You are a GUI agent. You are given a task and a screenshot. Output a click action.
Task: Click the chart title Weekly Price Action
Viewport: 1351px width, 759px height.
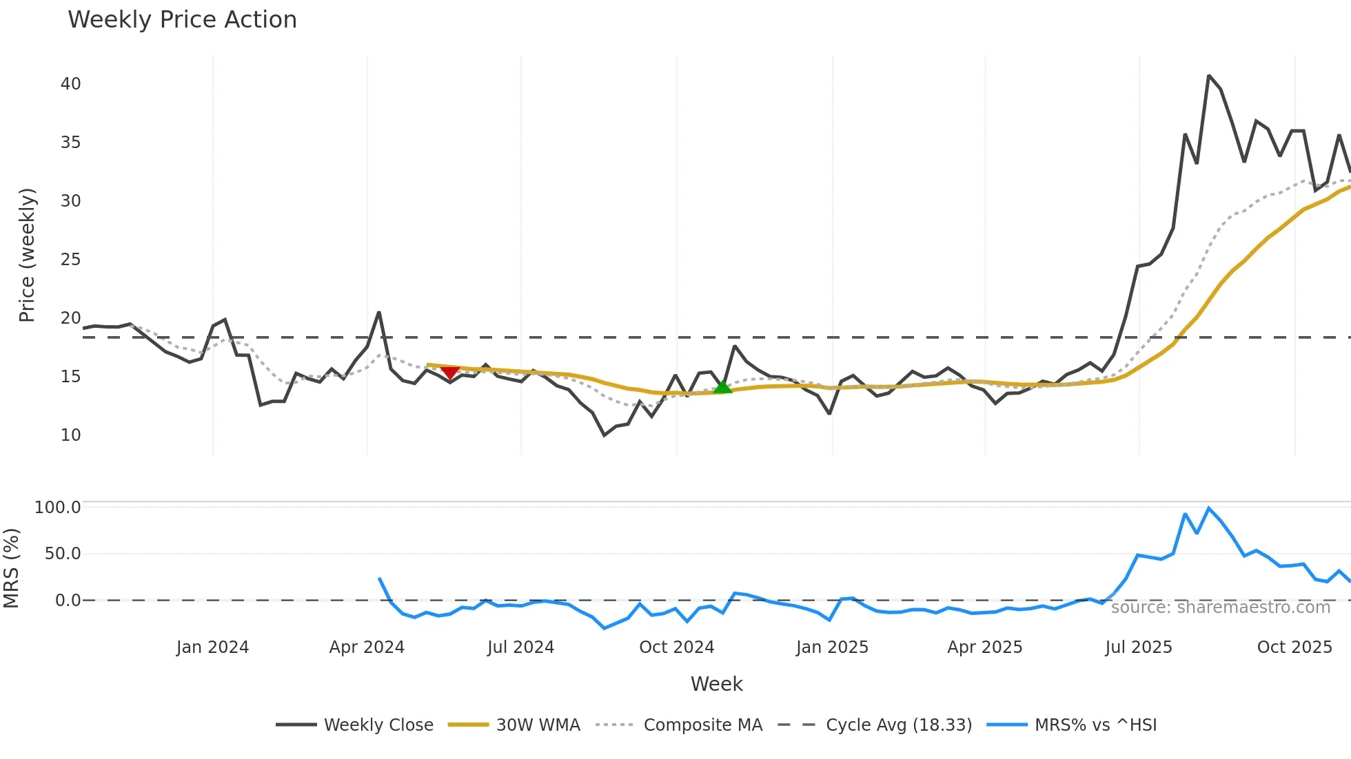(x=182, y=20)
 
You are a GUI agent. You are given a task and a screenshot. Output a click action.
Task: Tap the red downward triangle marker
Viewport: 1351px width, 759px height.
(x=450, y=373)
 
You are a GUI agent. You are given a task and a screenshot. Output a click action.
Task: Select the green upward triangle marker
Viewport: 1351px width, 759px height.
(x=722, y=387)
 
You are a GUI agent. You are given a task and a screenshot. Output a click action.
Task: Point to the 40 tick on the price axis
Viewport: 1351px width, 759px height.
(x=70, y=84)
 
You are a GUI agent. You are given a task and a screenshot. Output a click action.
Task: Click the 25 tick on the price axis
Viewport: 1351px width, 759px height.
(x=70, y=260)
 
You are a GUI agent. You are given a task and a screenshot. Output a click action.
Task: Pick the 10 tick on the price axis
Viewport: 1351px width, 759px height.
(x=70, y=435)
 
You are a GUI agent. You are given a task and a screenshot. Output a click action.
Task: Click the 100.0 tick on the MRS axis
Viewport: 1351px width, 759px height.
(x=58, y=508)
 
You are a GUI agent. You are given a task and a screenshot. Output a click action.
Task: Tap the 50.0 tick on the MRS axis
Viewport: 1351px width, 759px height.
(x=62, y=554)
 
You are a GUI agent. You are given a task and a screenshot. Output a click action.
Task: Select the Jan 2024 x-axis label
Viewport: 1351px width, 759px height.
(x=212, y=647)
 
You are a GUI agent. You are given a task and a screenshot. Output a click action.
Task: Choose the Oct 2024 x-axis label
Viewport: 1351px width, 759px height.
(x=676, y=647)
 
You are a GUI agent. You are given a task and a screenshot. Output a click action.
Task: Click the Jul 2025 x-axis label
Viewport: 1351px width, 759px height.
(x=1138, y=647)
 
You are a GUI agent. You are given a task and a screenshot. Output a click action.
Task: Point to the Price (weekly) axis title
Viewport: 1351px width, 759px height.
(x=27, y=255)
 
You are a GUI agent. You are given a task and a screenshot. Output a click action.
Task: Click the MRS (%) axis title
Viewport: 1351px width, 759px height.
(x=12, y=568)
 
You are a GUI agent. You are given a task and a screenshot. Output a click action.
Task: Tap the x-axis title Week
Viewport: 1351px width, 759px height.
(x=716, y=684)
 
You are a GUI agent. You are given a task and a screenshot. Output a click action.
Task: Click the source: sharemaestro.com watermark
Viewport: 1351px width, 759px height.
(x=1220, y=607)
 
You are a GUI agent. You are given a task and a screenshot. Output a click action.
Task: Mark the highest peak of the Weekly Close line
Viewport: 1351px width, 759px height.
(x=1209, y=76)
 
